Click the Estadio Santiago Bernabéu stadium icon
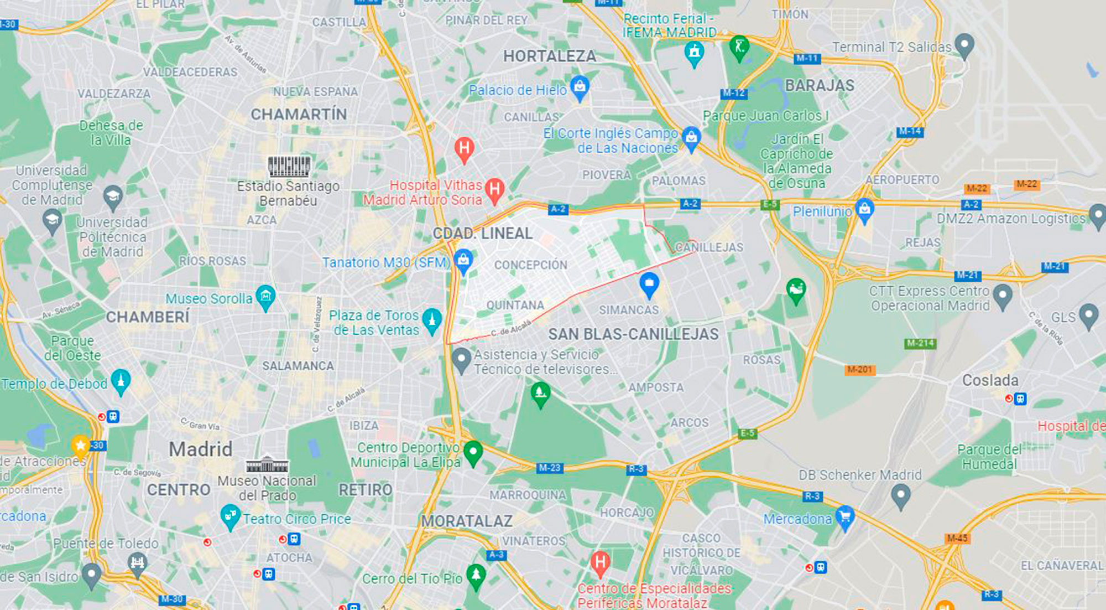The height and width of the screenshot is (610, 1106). pyautogui.click(x=289, y=166)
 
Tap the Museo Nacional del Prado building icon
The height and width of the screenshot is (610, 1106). pyautogui.click(x=267, y=464)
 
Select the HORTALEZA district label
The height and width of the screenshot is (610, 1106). pyautogui.click(x=549, y=56)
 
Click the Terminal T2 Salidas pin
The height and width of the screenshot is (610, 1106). pyautogui.click(x=964, y=45)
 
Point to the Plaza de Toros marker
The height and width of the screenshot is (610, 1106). pyautogui.click(x=431, y=320)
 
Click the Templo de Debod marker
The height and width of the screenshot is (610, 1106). pyautogui.click(x=121, y=381)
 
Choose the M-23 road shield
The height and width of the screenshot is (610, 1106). pyautogui.click(x=549, y=468)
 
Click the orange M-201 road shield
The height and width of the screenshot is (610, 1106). pyautogui.click(x=859, y=369)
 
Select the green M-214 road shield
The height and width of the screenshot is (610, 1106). pyautogui.click(x=920, y=343)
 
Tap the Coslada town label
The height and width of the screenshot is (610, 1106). pyautogui.click(x=990, y=380)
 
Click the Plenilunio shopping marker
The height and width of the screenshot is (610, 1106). pyautogui.click(x=864, y=210)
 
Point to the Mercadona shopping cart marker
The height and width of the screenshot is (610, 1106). pyautogui.click(x=844, y=517)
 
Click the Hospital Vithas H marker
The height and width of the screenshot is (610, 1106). pyautogui.click(x=494, y=190)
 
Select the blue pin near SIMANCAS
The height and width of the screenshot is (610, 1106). pyautogui.click(x=649, y=284)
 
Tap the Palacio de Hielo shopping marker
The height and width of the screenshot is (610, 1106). pyautogui.click(x=580, y=87)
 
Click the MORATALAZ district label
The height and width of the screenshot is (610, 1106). pyautogui.click(x=467, y=521)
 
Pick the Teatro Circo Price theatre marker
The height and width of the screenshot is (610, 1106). pyautogui.click(x=229, y=516)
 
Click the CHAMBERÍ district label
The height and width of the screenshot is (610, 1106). pyautogui.click(x=147, y=317)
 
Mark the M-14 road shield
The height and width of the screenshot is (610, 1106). pyautogui.click(x=910, y=131)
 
